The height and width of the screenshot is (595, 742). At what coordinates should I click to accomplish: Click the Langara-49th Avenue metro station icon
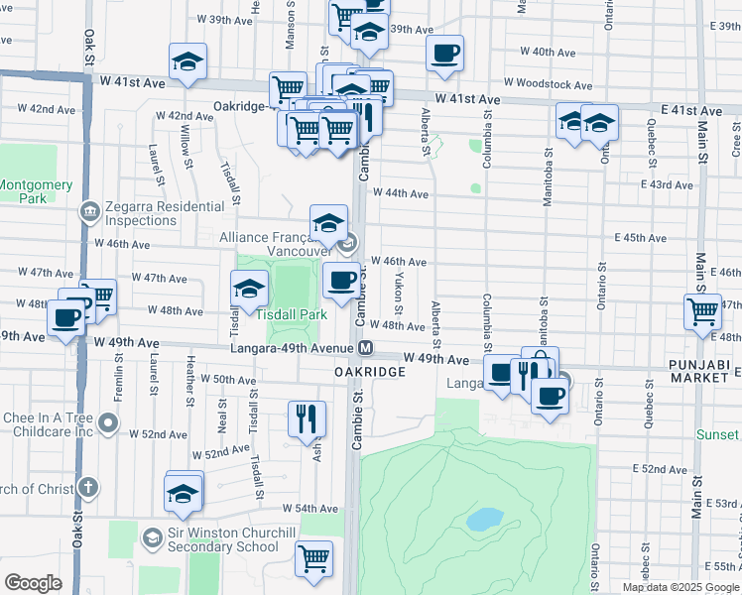click(x=366, y=348)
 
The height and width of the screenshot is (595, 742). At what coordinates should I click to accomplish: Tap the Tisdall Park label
click(x=292, y=314)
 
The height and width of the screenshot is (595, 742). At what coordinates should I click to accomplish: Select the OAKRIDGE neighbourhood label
click(x=369, y=371)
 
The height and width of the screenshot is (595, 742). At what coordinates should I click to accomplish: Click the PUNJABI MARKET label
click(x=706, y=374)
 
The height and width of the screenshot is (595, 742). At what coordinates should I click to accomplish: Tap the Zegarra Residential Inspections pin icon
click(x=90, y=210)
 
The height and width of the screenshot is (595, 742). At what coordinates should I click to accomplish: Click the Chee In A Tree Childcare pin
click(x=109, y=426)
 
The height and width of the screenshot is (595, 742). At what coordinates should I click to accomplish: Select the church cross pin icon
click(x=88, y=488)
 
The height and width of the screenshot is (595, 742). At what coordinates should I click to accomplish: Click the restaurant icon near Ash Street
click(x=307, y=417)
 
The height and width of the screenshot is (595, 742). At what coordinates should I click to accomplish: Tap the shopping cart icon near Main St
click(x=702, y=309)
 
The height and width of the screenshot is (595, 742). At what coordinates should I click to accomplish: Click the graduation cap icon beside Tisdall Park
click(x=249, y=290)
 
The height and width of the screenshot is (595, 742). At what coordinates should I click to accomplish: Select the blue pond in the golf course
click(x=484, y=520)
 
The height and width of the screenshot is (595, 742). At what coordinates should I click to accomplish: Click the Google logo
click(x=34, y=583)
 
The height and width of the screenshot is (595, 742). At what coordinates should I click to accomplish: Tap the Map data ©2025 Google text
click(x=681, y=587)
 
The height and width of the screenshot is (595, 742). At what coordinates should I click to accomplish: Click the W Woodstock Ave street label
click(x=542, y=82)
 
